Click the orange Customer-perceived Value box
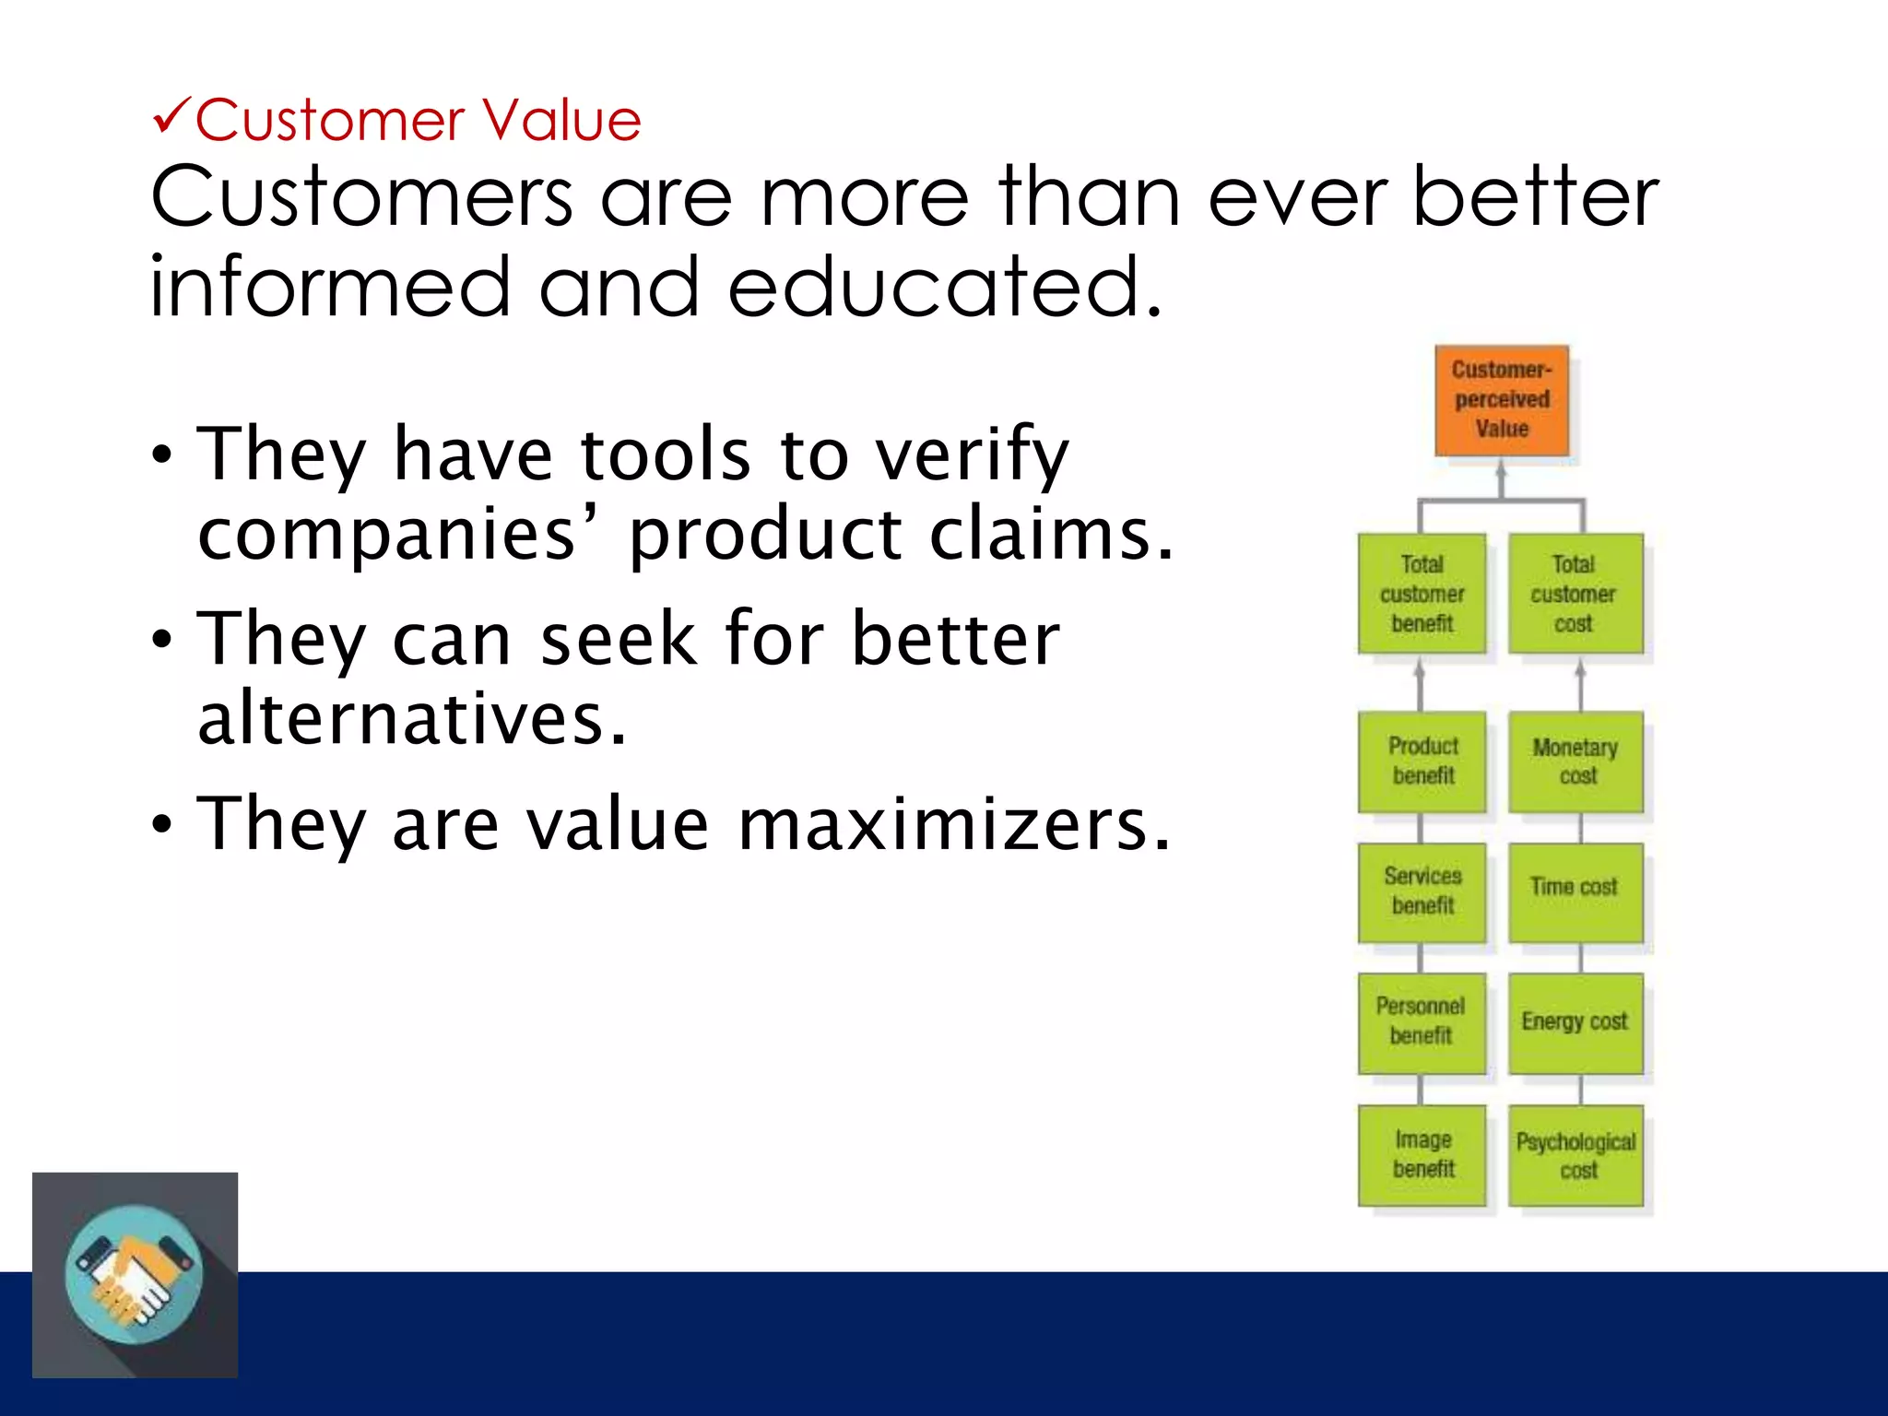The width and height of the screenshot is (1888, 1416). tap(1502, 400)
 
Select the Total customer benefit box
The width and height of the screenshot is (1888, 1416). tap(1422, 594)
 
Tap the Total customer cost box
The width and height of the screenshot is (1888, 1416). tap(1575, 594)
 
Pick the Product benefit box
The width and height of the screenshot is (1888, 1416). tap(1422, 761)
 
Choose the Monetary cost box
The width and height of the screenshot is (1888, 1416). tap(1575, 761)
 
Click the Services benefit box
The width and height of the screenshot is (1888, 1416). tap(1422, 891)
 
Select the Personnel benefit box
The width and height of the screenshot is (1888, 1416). tap(1422, 1022)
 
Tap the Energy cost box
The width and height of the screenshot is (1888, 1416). tap(1575, 1022)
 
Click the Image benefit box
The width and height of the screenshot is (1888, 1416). tap(1422, 1155)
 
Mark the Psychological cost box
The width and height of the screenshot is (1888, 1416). tap(1575, 1155)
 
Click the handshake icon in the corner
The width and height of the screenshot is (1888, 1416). tap(135, 1275)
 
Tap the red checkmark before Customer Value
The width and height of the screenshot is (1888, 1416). tap(171, 117)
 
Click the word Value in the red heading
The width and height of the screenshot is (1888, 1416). tap(561, 121)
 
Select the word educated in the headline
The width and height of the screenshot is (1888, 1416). tap(944, 287)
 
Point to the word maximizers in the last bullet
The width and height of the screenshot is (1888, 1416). tap(954, 824)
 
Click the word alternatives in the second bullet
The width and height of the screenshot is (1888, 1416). tap(412, 718)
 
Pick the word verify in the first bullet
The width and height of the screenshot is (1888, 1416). tap(972, 455)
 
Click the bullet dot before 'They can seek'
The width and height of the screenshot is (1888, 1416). tap(162, 639)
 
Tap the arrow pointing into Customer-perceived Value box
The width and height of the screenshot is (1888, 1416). tap(1502, 478)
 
